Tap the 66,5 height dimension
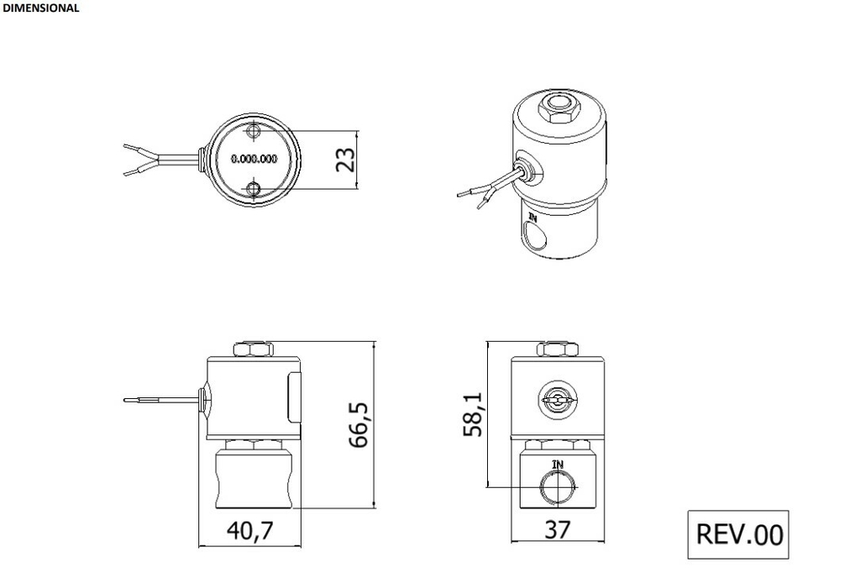pyautogui.click(x=360, y=424)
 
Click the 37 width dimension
pyautogui.click(x=557, y=530)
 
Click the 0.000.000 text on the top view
pyautogui.click(x=254, y=159)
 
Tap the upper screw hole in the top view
pyautogui.click(x=254, y=132)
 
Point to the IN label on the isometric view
pyautogui.click(x=532, y=217)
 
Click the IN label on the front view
pyautogui.click(x=558, y=464)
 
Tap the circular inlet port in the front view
pyautogui.click(x=558, y=486)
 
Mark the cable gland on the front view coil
pyautogui.click(x=558, y=400)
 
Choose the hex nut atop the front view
pyautogui.click(x=558, y=349)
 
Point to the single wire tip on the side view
pyautogui.click(x=126, y=399)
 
